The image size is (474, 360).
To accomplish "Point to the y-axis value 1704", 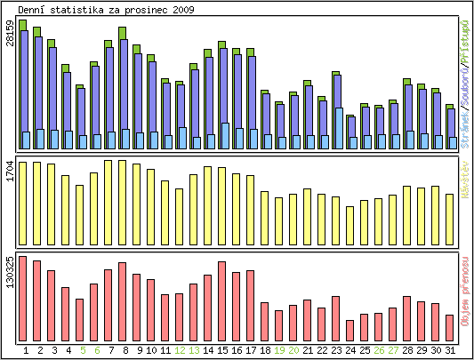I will (10, 171).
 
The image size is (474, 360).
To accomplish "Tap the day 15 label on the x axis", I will (221, 350).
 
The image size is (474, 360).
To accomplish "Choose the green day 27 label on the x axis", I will (393, 350).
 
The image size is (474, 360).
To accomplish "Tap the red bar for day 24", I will (350, 330).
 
